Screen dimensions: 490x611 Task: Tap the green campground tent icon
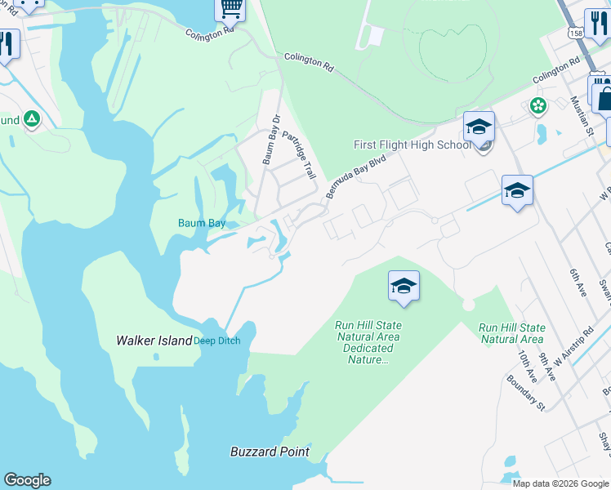pos(31,119)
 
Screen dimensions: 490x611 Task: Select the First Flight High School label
pos(412,145)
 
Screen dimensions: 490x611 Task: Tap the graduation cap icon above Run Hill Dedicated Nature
pos(404,286)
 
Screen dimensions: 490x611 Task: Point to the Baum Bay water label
pos(202,222)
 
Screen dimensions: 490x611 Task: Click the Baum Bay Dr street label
pos(271,140)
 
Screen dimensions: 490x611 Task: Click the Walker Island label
pos(153,340)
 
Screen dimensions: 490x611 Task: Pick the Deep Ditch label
pos(217,341)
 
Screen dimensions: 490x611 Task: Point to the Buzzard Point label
pos(270,452)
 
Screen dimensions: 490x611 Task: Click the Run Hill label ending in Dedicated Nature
pos(368,342)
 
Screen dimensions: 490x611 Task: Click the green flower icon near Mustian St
pos(537,105)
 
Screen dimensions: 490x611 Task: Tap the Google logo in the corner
pos(27,480)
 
